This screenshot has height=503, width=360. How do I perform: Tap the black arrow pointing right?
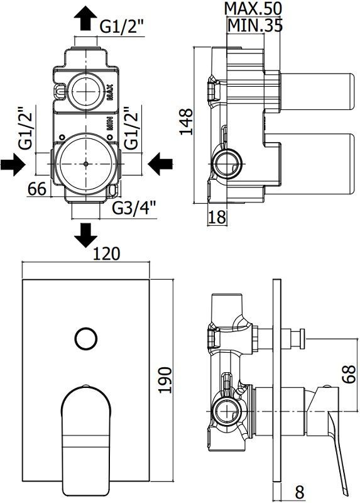14,165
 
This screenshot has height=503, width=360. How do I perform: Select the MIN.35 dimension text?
254,25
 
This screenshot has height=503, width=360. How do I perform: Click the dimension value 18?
216,217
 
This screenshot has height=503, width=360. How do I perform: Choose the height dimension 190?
164,390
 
